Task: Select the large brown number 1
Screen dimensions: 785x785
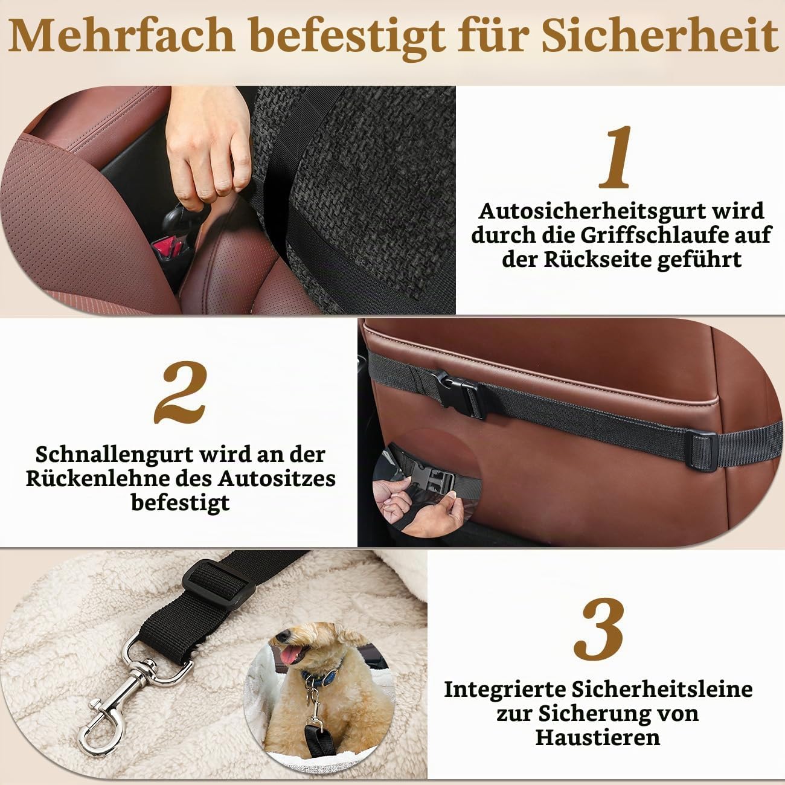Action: (616, 157)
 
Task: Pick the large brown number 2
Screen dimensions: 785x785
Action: (180, 392)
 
